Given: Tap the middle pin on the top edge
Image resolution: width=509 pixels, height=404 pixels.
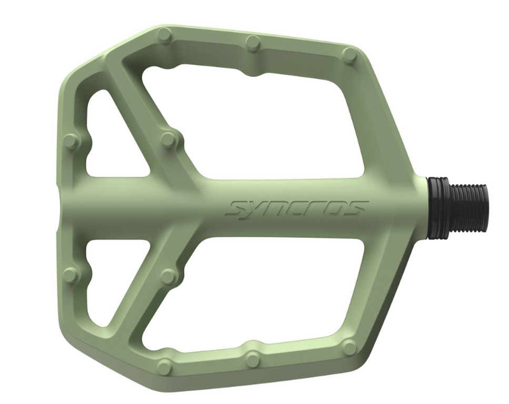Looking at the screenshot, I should pos(253,43).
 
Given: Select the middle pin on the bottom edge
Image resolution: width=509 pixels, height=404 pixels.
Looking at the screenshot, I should pos(253,360).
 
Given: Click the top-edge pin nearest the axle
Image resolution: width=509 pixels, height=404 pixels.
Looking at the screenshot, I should pos(349,55).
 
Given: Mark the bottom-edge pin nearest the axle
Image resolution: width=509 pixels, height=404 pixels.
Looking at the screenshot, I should pos(349,347).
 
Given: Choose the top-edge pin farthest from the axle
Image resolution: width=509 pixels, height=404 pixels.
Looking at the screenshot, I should pos(165,36).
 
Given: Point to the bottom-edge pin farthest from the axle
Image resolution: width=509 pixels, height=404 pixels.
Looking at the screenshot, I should pos(165,366).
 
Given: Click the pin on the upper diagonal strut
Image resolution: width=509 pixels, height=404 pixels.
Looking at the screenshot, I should pos(168,139).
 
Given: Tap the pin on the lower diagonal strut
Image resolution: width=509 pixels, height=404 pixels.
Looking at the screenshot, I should pos(168,276).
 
